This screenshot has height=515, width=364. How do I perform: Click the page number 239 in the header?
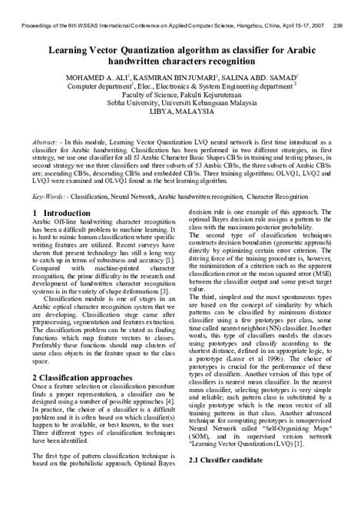pyautogui.click(x=337, y=5)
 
